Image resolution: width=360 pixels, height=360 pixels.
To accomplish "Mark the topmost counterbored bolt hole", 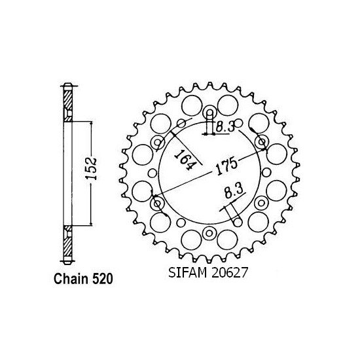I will [209, 112].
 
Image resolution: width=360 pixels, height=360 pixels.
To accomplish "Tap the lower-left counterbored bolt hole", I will [156, 204].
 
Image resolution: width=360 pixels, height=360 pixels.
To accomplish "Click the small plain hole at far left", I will [152, 173].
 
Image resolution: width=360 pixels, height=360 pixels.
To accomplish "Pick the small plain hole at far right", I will [267, 173].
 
